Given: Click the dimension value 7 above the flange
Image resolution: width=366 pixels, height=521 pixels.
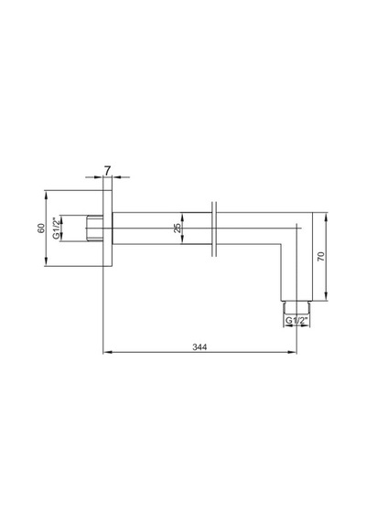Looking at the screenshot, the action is pyautogui.click(x=107, y=170).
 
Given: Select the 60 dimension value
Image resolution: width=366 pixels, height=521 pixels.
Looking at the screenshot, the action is pyautogui.click(x=41, y=229).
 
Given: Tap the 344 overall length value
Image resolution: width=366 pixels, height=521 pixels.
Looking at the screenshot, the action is pyautogui.click(x=199, y=347).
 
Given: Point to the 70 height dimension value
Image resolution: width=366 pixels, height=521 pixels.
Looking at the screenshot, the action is pyautogui.click(x=321, y=256).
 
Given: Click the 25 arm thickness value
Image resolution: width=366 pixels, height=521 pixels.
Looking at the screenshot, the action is pyautogui.click(x=178, y=228).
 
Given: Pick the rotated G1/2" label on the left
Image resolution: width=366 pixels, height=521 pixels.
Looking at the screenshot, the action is pyautogui.click(x=57, y=228).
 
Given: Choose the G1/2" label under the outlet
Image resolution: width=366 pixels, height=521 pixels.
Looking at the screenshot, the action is pyautogui.click(x=296, y=321).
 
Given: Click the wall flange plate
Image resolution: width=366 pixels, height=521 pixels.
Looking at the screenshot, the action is pyautogui.click(x=108, y=229).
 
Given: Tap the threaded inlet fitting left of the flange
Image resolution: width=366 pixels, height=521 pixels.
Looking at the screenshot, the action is pyautogui.click(x=95, y=228).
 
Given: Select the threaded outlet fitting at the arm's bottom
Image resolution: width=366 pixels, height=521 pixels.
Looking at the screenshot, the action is pyautogui.click(x=296, y=307).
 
